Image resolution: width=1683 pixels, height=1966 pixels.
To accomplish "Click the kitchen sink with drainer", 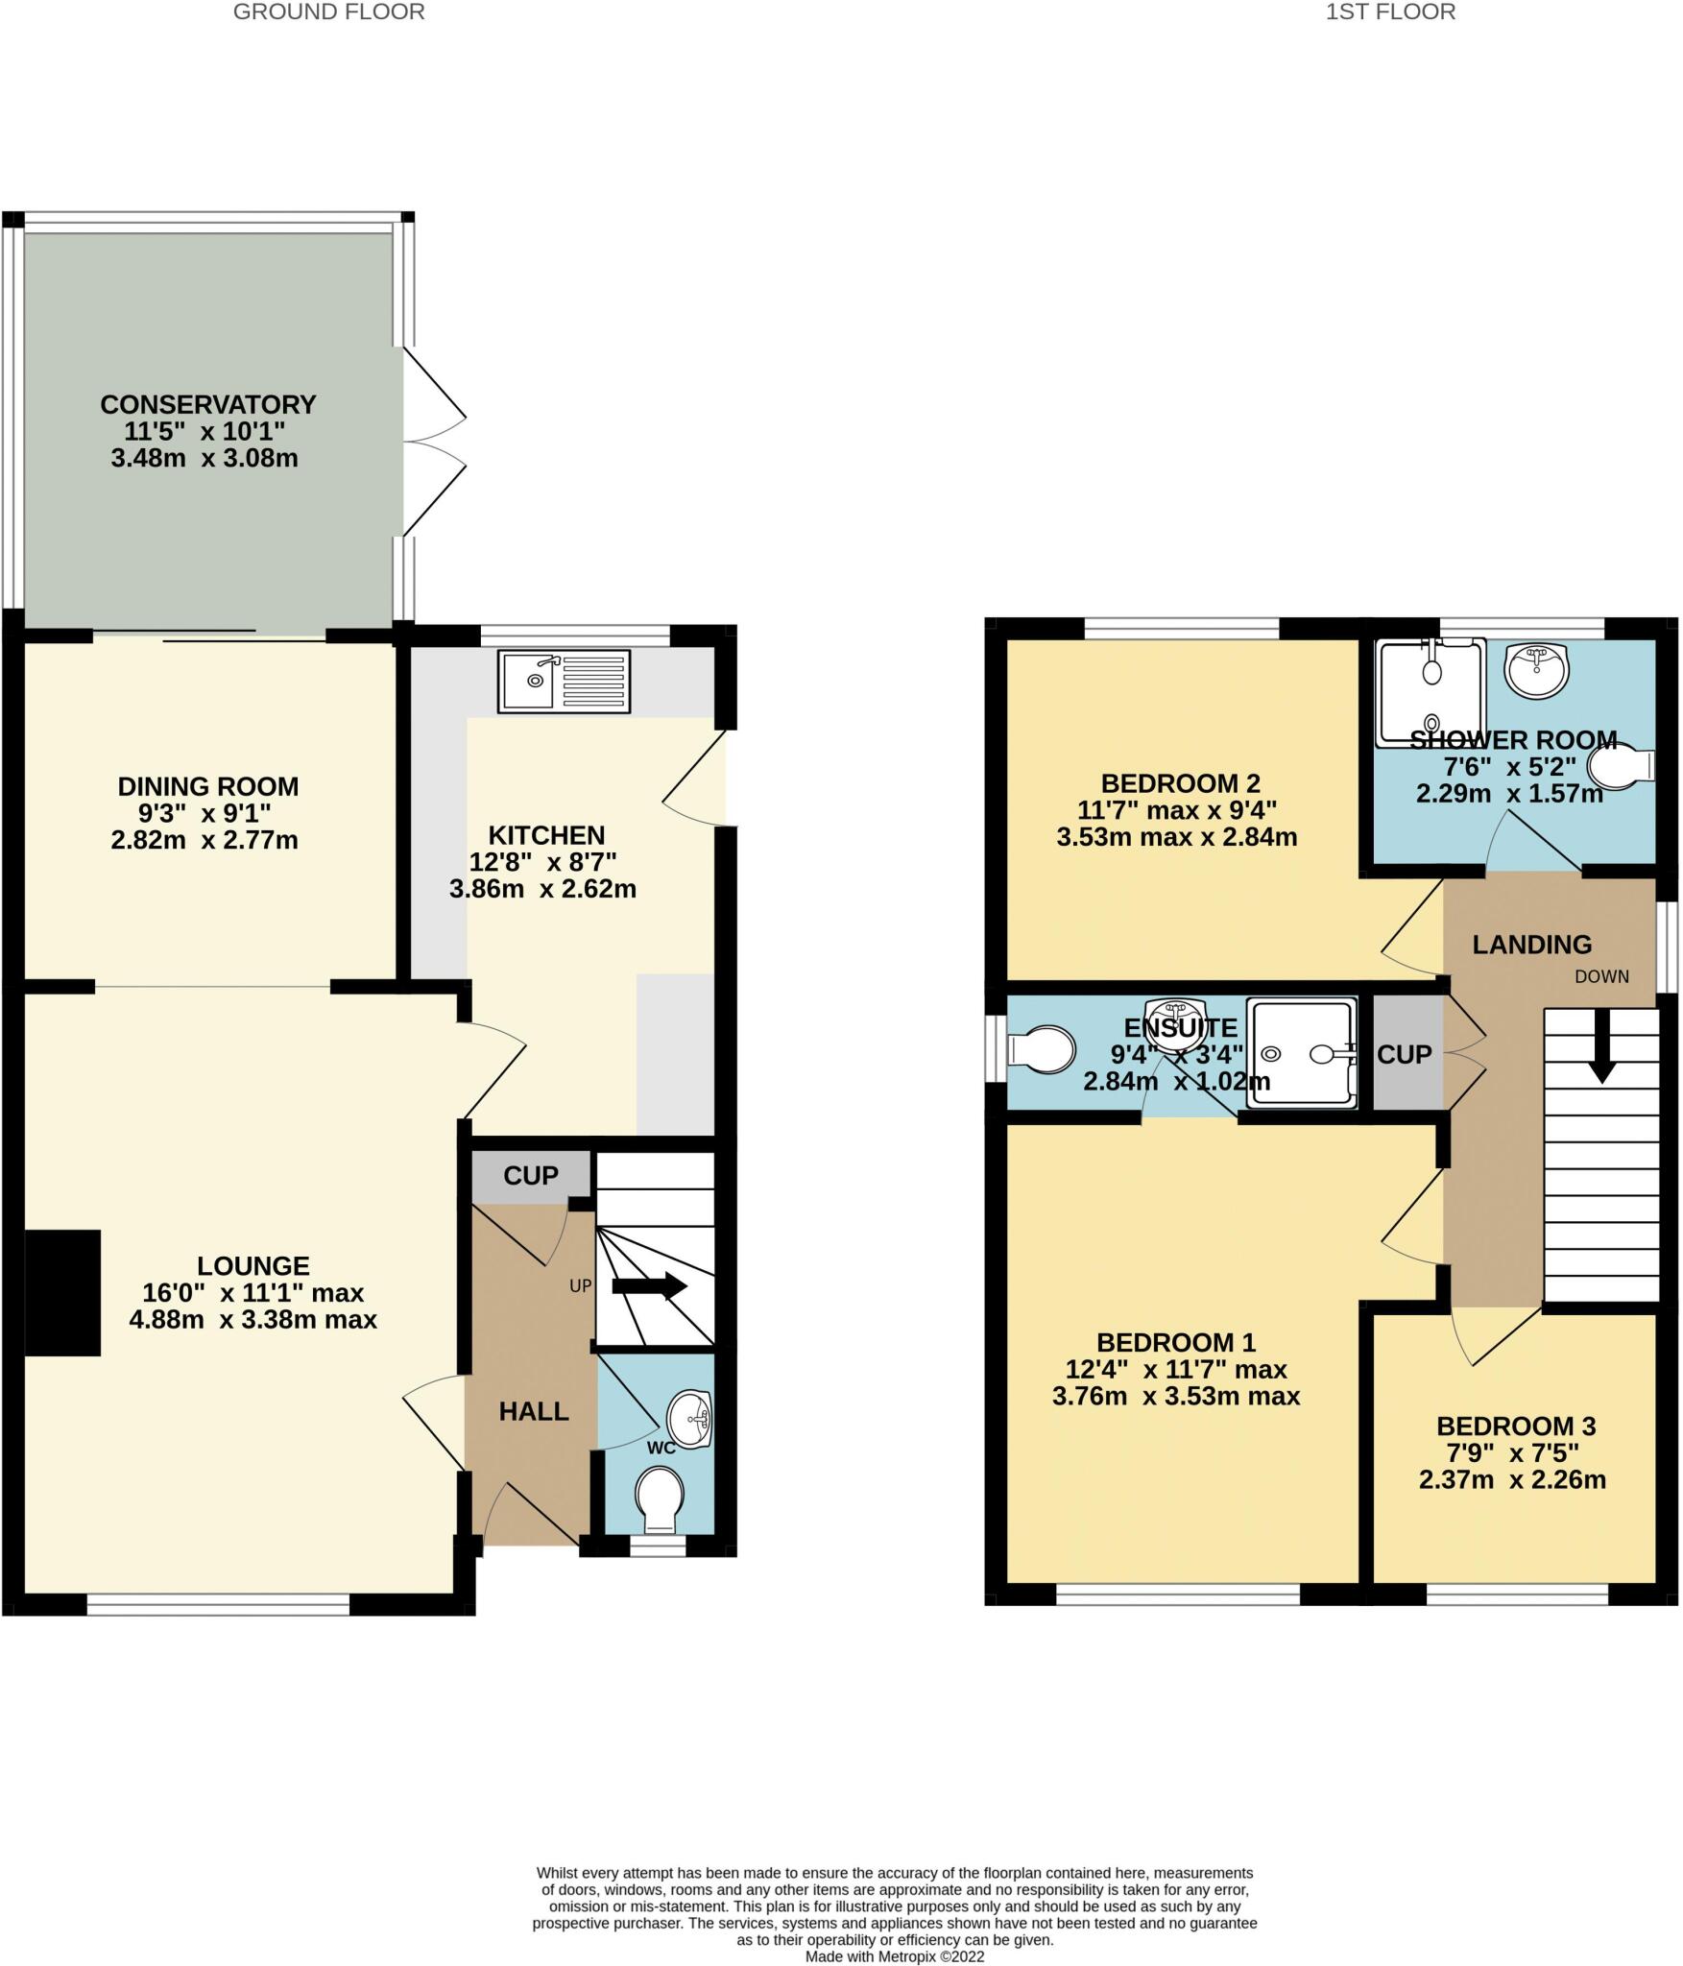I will (x=564, y=681).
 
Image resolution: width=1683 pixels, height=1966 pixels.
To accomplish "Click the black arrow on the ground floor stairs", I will (x=649, y=1286).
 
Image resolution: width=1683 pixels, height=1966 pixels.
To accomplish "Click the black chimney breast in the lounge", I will (x=62, y=1292).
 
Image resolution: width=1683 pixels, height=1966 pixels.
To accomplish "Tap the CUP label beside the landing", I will (x=1404, y=1054).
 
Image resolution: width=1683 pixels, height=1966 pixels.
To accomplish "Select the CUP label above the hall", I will (x=531, y=1175).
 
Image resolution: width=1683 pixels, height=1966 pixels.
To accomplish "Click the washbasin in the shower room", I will (x=1536, y=669).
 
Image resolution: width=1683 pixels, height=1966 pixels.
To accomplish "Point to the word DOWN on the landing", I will (x=1601, y=976).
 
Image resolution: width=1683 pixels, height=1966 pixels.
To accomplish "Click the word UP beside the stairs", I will (x=580, y=1285).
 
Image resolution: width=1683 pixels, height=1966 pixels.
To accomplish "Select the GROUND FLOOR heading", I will (x=328, y=12).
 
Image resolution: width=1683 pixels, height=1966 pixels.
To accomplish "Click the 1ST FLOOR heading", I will (x=1390, y=12).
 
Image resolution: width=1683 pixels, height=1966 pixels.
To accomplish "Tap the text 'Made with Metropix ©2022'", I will (x=895, y=1956).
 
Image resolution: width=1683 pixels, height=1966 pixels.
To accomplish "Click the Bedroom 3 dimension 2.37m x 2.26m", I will (x=1512, y=1479).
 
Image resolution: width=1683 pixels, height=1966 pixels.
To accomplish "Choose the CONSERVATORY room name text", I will (x=208, y=404).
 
